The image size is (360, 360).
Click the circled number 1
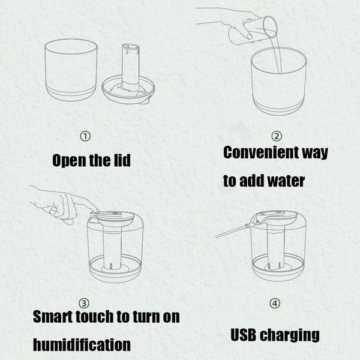(85, 136)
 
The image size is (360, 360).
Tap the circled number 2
(277, 136)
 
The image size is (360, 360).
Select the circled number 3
(84, 303)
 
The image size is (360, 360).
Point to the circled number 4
(275, 303)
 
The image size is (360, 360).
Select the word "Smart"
(53, 317)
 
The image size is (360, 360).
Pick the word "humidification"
(82, 345)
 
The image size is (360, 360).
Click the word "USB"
(244, 335)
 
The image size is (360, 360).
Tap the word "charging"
(290, 335)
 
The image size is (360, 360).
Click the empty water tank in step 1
(71, 70)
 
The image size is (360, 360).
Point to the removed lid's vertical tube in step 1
(130, 67)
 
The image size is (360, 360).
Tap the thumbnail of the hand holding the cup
(249, 36)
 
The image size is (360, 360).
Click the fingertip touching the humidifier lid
(96, 210)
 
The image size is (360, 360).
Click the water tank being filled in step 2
(278, 82)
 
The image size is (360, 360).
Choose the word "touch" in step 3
(95, 317)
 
